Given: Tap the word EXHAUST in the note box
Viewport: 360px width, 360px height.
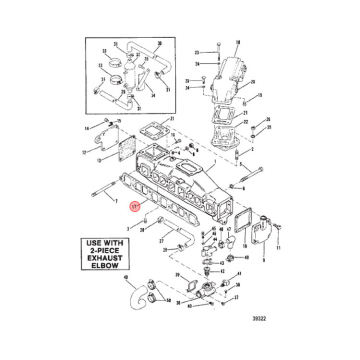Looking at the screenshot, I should pos(105,257).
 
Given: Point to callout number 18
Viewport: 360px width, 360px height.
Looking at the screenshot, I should pos(237,42).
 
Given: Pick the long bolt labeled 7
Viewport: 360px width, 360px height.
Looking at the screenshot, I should pos(102,194).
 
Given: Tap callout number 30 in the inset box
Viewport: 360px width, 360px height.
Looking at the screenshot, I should pos(159,44).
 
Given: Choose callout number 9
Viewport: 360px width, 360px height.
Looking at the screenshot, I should pos(264,260).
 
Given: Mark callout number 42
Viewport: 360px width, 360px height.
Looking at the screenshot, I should pos(222,271).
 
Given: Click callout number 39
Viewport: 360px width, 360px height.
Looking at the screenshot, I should pos(177,275).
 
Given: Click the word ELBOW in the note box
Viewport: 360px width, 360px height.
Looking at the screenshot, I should pos(105,265).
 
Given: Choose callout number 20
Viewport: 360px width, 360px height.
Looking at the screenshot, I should pos(252,82).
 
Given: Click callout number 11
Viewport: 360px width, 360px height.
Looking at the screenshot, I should pos(279,247).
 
